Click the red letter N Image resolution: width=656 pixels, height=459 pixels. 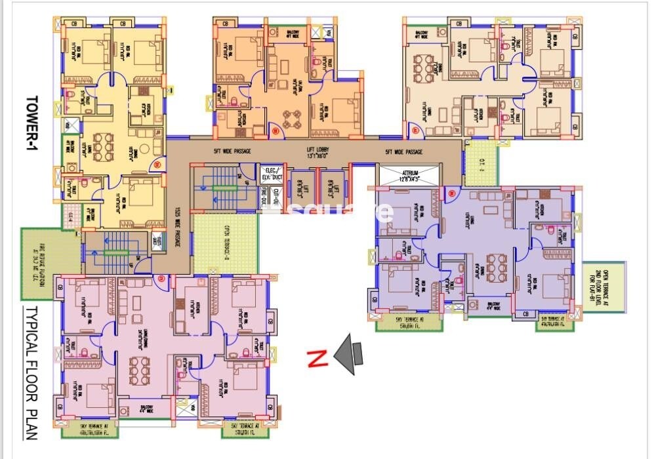(x=318, y=359)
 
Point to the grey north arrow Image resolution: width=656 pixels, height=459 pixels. (x=350, y=354)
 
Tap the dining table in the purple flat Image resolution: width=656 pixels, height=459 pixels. (x=497, y=265)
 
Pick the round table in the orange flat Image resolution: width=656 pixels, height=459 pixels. (x=291, y=117)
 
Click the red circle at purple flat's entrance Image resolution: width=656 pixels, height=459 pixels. (x=452, y=192)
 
